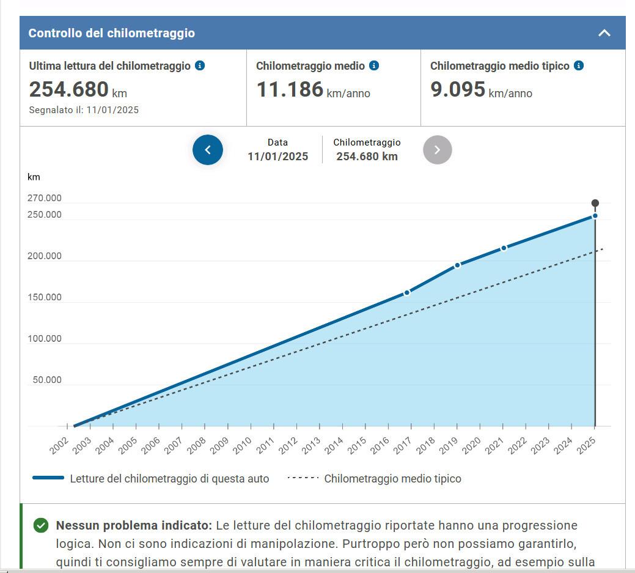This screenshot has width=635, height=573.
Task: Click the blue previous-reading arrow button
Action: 208,150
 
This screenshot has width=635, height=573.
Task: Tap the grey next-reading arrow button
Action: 438,150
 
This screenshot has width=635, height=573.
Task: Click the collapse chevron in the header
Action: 604,33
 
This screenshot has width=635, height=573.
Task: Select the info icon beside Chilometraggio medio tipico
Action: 578,65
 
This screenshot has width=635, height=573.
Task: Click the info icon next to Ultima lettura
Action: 200,65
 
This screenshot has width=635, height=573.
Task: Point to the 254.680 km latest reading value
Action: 69,89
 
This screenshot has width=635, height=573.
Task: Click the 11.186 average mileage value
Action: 290,89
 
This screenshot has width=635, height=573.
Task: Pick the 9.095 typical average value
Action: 458,89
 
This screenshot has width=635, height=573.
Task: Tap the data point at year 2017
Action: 407,293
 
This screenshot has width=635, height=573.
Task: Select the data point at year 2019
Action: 457,265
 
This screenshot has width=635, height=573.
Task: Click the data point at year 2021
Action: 504,248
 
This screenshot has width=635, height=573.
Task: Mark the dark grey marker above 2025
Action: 595,204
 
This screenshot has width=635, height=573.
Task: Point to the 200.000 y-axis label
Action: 45,256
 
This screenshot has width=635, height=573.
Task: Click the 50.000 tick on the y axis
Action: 47,380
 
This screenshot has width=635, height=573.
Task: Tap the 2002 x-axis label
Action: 60,447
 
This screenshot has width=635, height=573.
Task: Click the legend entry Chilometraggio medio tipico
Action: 392,479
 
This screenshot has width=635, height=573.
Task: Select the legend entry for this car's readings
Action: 169,479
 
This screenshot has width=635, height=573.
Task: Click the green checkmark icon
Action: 41,525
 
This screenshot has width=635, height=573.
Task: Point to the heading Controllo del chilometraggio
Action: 112,33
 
